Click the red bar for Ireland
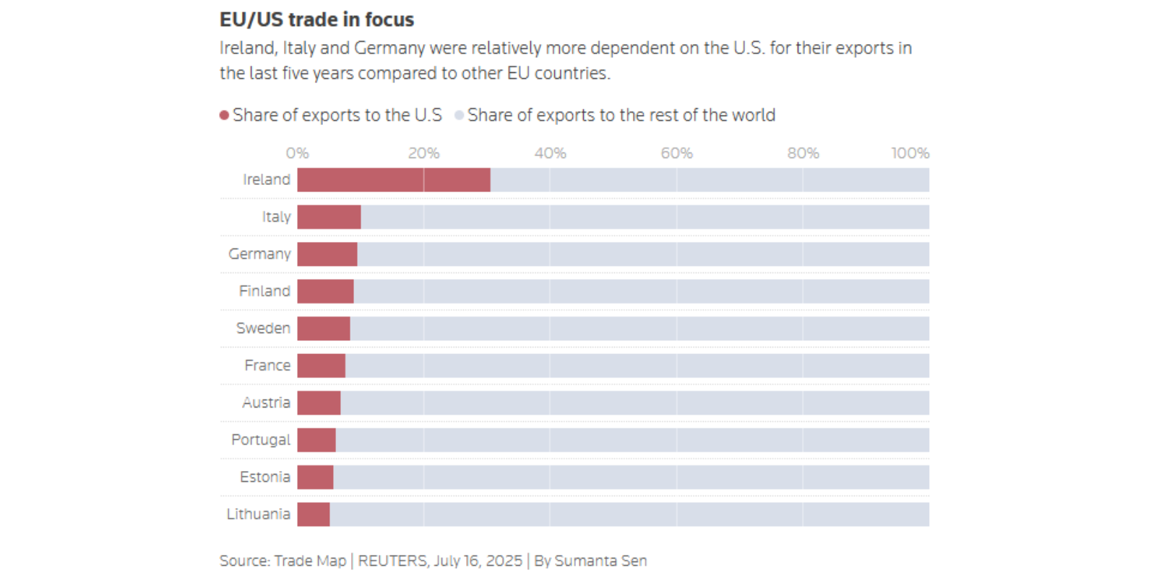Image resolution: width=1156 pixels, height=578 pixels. pos(394,180)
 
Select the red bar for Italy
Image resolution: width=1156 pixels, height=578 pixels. pos(329,217)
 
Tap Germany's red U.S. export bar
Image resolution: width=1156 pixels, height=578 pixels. pos(327,254)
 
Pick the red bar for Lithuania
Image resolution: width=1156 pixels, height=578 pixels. pos(314,514)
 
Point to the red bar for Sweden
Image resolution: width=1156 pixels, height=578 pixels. pos(324,329)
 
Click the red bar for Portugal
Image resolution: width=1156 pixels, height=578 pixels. pos(316,440)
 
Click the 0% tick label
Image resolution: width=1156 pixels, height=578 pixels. pos(297,153)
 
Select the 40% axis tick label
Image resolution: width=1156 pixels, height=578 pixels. pos(550,153)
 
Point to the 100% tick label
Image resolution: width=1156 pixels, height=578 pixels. pos(910,153)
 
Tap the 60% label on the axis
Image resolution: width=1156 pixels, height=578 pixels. pos(676,153)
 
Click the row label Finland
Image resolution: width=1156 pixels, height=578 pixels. pos(264,291)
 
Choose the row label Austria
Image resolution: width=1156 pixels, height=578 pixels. pos(266,402)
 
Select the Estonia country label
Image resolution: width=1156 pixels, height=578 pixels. pos(265,477)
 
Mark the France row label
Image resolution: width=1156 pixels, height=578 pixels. pos(267,366)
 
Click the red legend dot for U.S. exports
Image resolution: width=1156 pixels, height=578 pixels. pos(225,115)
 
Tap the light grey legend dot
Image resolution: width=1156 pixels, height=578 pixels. pos(459,115)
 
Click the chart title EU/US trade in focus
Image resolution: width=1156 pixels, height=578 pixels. pos(316,20)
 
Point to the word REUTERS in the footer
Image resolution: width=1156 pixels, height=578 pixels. pos(392,561)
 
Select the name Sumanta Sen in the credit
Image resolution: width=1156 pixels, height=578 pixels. pos(600,561)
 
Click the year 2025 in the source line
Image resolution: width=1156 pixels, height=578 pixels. pos(504,561)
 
